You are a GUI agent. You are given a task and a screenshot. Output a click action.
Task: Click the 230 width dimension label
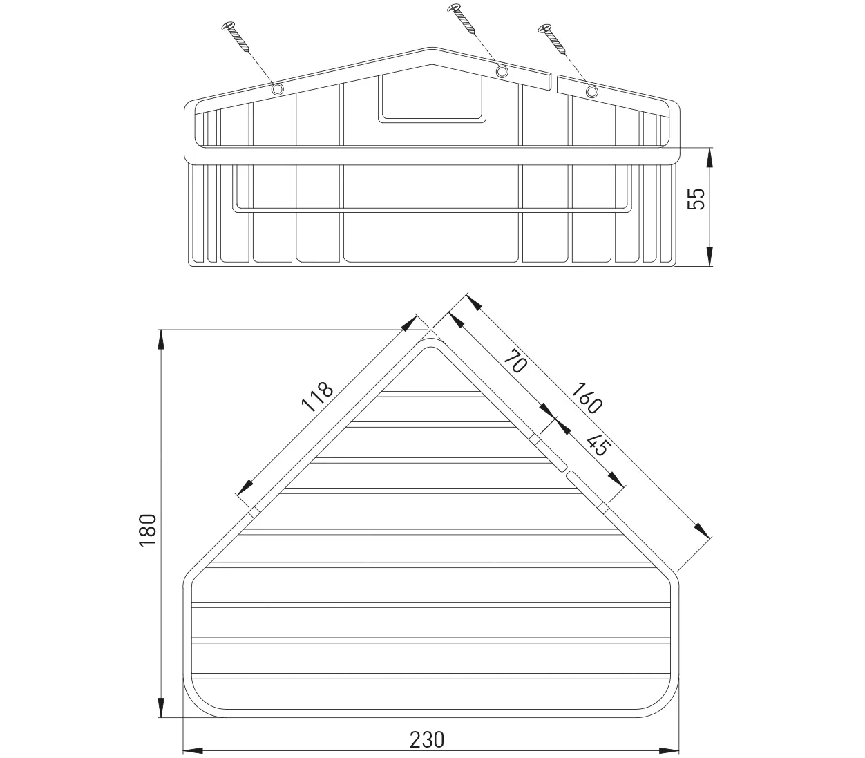point(426,739)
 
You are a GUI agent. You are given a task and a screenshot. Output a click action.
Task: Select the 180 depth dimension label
point(148,530)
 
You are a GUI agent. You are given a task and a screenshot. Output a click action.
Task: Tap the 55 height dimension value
point(696,199)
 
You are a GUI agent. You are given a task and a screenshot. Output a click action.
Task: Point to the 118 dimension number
point(317,397)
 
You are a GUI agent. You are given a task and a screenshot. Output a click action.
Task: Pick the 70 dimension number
point(515,361)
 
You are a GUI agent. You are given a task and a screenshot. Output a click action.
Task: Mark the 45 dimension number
point(598,446)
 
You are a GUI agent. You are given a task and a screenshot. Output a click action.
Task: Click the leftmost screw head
point(229,26)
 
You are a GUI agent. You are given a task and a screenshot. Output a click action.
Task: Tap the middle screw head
point(453,8)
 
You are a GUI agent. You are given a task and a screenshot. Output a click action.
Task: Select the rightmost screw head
point(544,28)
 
